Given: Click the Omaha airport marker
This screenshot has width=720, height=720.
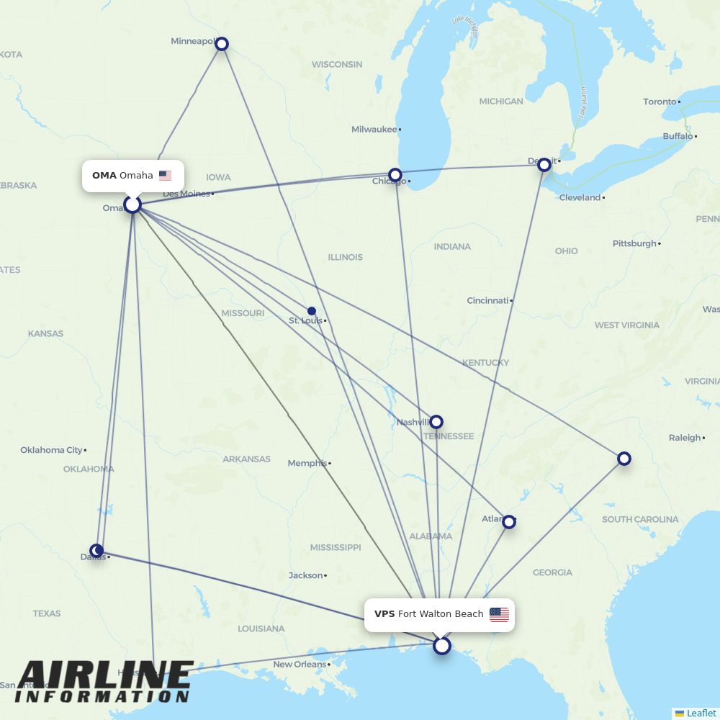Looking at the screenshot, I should point(132,204).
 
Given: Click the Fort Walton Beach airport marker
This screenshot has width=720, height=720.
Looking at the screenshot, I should point(442,646).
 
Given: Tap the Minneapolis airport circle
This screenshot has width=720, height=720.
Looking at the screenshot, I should point(222,44).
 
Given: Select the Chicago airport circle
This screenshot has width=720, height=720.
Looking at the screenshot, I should point(395,175).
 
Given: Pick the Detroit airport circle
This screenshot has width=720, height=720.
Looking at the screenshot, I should point(544,164).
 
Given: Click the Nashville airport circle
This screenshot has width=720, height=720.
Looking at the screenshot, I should point(436,422).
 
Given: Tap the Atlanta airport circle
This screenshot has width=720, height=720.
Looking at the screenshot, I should point(509,522).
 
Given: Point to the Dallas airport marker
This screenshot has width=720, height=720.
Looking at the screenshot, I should point(97,551).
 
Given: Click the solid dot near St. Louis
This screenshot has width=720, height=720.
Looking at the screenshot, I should point(312,311).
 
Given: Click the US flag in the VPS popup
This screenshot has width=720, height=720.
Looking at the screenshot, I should point(499,614).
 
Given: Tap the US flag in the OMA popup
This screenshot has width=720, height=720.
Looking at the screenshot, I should point(165,176).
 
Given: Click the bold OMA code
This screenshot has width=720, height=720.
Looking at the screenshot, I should point(104,176).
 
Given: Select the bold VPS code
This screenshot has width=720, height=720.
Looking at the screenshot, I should point(384,614).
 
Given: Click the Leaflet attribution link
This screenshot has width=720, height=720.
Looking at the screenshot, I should point(701,713).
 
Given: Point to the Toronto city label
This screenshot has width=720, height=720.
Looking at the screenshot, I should point(660,102).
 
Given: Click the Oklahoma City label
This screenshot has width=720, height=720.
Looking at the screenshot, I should point(51,450).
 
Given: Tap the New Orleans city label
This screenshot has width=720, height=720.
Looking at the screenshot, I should point(300,665).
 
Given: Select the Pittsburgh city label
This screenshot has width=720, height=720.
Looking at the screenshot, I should point(634,243).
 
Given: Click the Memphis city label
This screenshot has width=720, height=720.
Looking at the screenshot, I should point(307,463).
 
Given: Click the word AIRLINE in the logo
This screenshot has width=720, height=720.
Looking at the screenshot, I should point(104,677).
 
